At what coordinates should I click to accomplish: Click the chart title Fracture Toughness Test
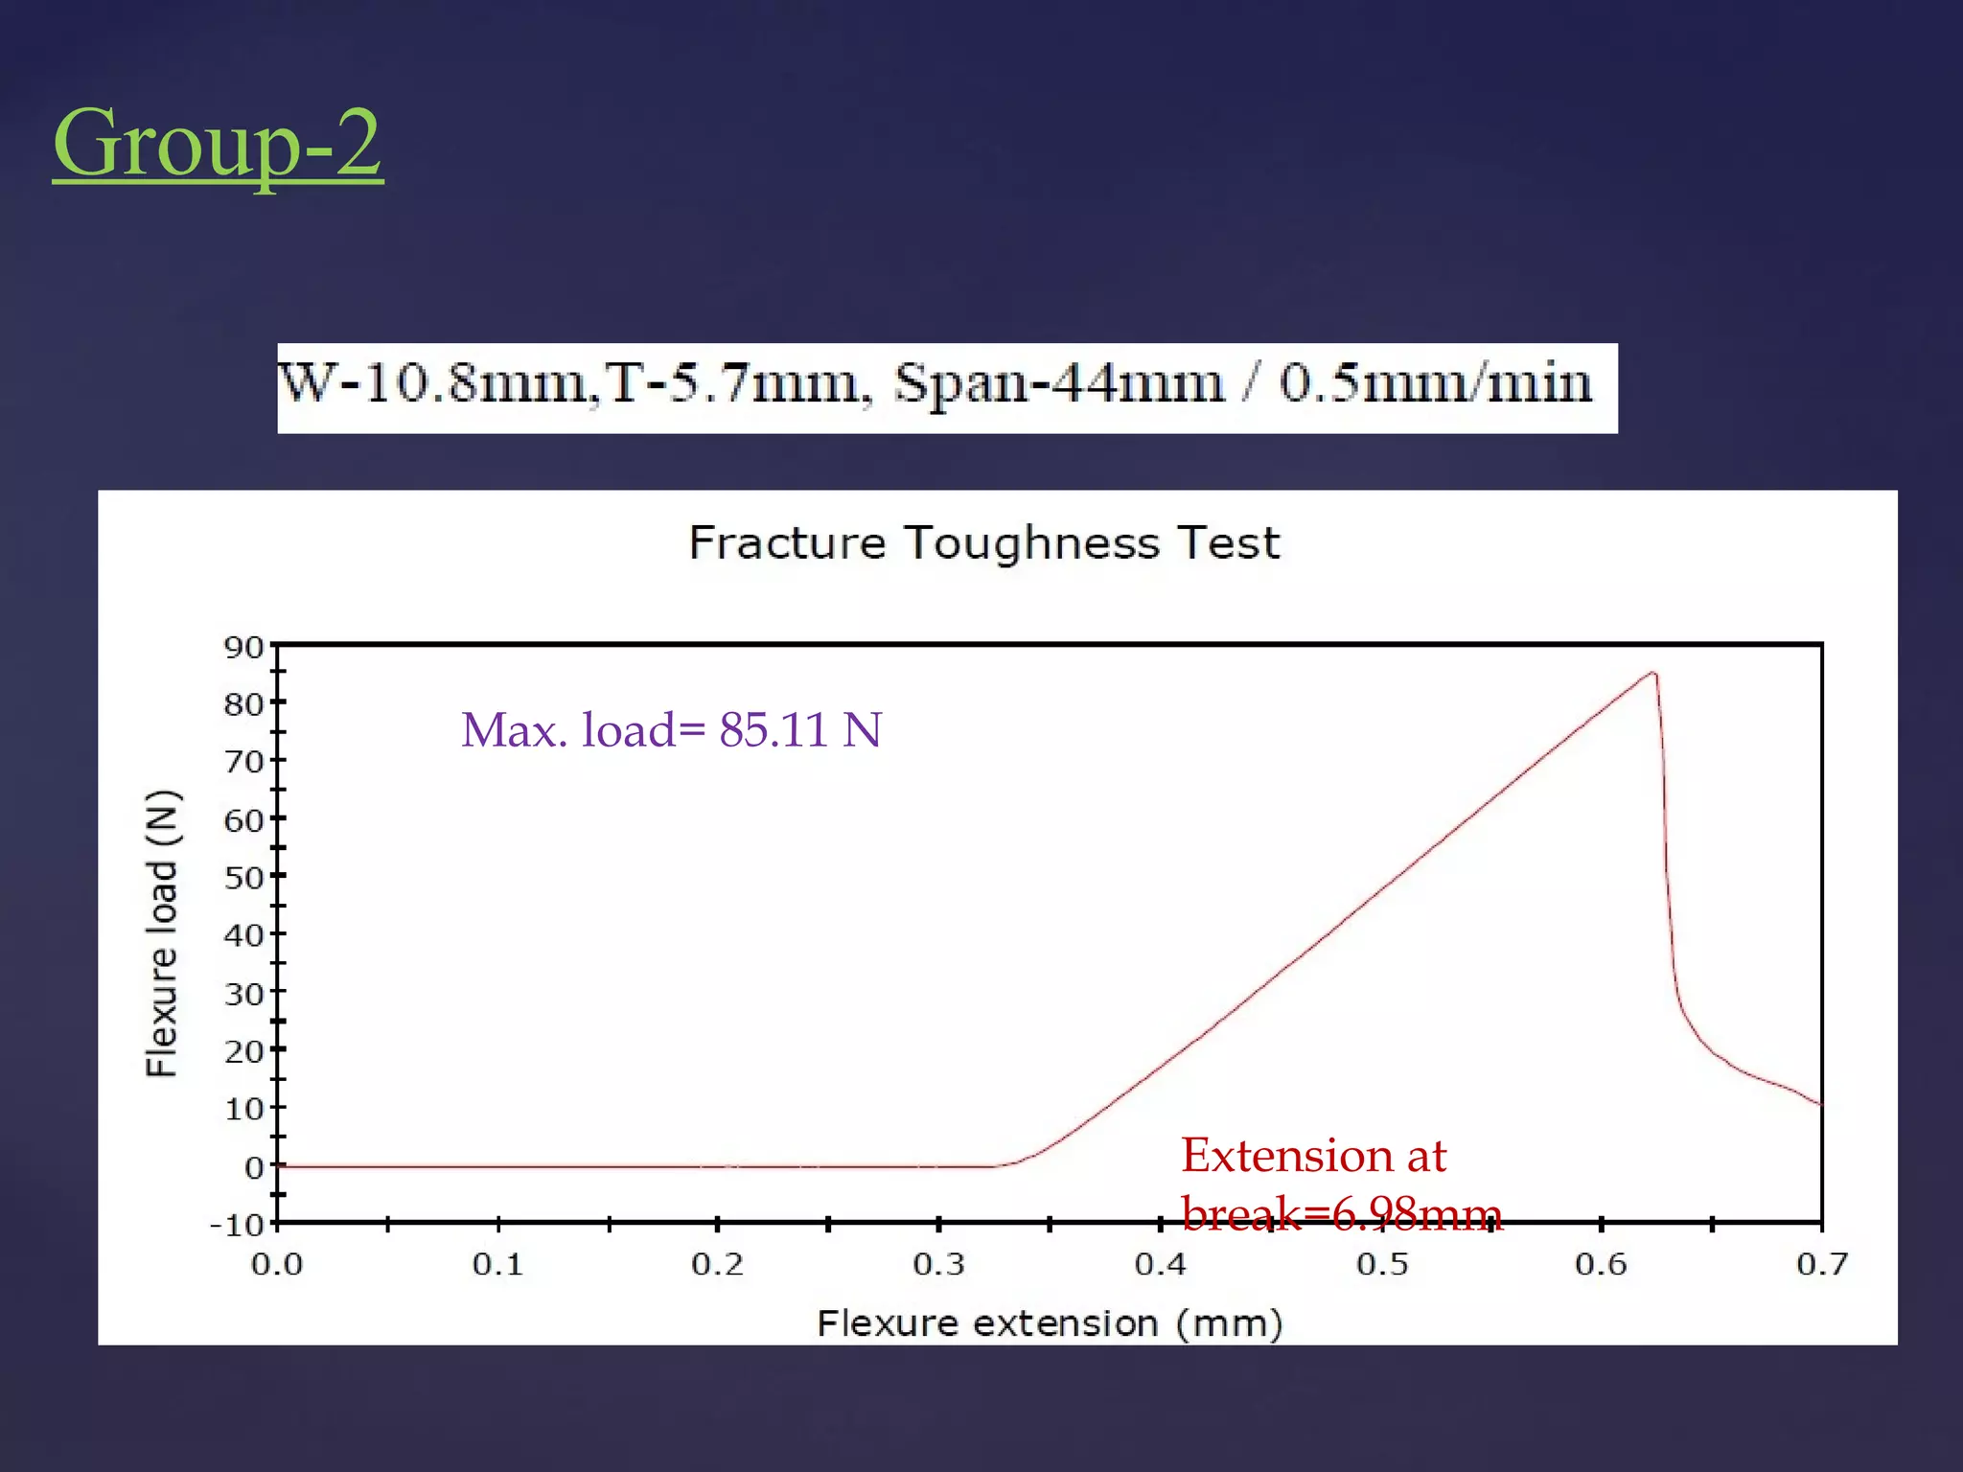(984, 543)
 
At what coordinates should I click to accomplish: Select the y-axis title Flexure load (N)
(162, 933)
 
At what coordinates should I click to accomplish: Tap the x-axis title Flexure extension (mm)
(1050, 1323)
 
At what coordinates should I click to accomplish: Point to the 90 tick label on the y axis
(243, 648)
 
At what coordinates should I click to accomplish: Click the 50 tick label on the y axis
(243, 878)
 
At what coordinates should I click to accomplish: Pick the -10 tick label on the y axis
(237, 1225)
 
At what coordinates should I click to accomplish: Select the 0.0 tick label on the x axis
(277, 1265)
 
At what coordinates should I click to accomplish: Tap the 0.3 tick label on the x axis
(938, 1265)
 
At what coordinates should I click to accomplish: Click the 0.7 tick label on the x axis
(1822, 1265)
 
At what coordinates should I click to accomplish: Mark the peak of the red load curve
(1653, 674)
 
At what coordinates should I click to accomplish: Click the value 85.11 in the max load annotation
(774, 730)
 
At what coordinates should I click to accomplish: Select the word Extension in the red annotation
(1286, 1156)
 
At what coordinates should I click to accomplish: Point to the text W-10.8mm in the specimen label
(432, 383)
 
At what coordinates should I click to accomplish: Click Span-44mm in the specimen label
(1060, 383)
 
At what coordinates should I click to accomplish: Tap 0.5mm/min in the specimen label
(1435, 383)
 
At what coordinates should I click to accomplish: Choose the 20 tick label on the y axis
(243, 1051)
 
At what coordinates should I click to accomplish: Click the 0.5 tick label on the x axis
(1381, 1265)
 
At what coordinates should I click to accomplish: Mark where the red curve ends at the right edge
(1818, 1104)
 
